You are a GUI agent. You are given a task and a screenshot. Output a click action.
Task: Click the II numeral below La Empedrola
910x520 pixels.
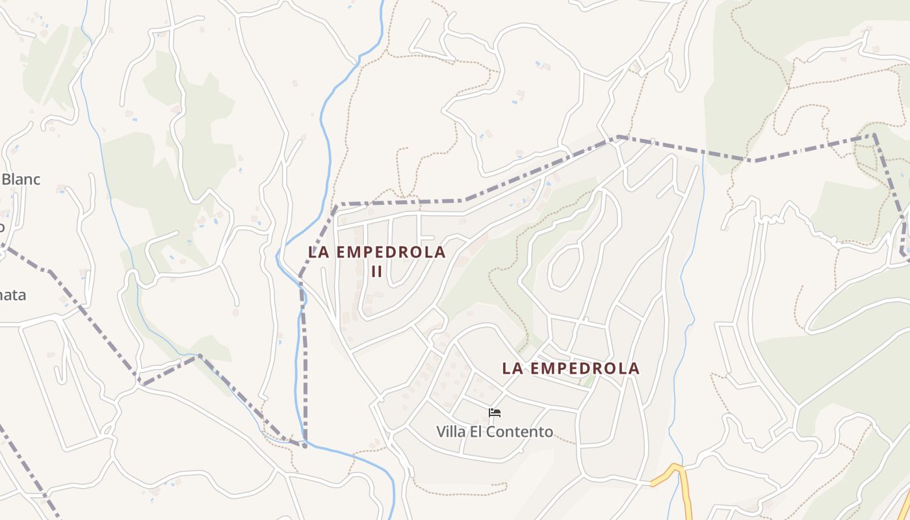pyautogui.click(x=377, y=271)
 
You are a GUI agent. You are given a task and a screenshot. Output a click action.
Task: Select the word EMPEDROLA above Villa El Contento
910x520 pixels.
pyautogui.click(x=586, y=369)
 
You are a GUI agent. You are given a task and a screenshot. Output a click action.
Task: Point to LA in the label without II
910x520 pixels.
pyautogui.click(x=512, y=369)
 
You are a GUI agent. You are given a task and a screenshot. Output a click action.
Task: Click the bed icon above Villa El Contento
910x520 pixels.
pyautogui.click(x=495, y=412)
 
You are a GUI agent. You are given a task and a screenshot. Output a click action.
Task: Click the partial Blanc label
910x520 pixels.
pyautogui.click(x=21, y=179)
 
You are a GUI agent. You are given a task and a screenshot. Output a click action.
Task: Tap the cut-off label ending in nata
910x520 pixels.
pyautogui.click(x=13, y=295)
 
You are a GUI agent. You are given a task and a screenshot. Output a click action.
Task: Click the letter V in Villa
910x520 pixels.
pyautogui.click(x=441, y=432)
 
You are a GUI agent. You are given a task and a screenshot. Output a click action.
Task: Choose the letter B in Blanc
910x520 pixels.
pyautogui.click(x=6, y=179)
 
